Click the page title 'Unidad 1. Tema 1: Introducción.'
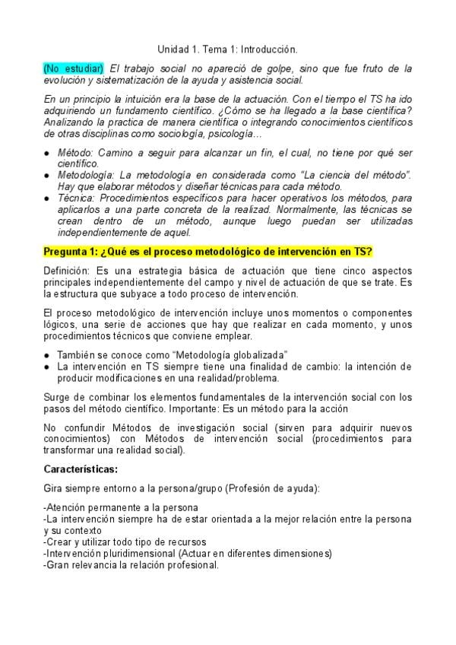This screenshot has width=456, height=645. pos(227,47)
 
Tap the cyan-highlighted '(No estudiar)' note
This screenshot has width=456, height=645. pos(74,68)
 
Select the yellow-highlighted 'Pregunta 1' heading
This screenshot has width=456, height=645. pos(213,252)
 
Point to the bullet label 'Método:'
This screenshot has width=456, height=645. pos(74,153)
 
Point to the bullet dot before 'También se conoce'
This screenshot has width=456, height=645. pos(47,355)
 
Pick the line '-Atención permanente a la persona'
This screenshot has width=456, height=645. pos(121,507)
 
